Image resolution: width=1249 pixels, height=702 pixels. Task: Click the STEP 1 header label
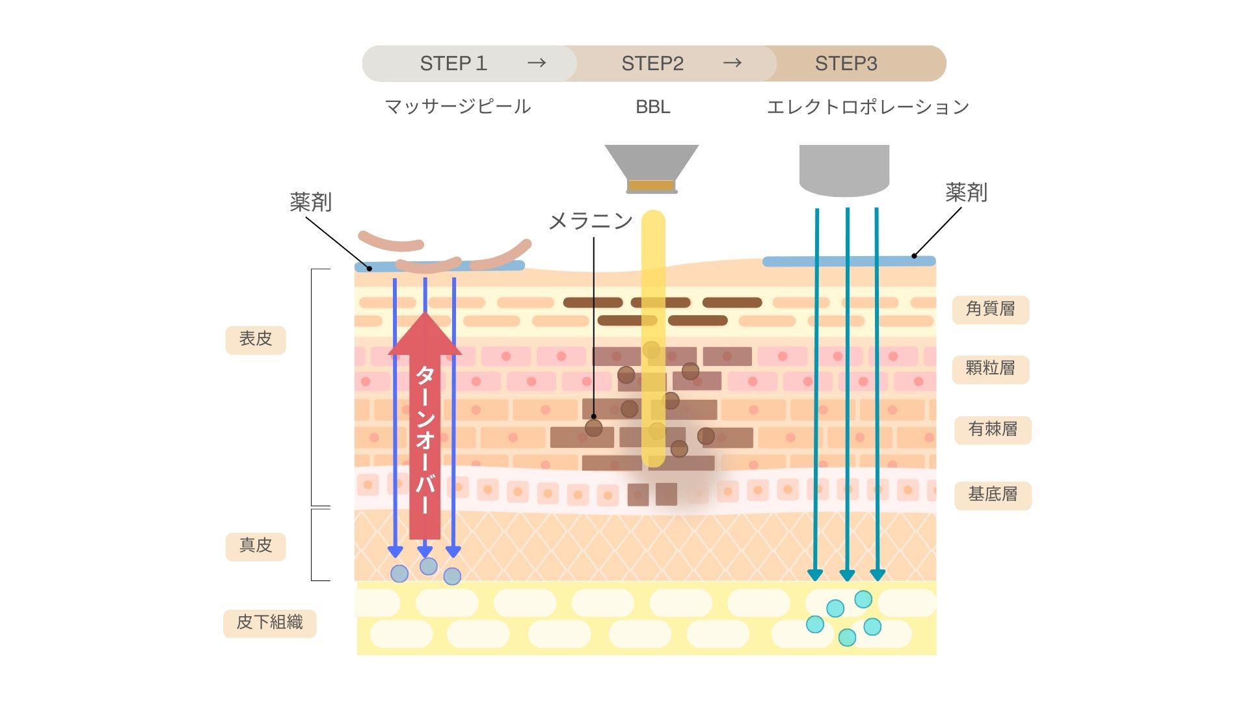pos(453,64)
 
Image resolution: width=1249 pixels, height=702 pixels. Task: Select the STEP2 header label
pos(652,64)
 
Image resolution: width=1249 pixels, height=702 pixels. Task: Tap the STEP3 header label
pos(846,64)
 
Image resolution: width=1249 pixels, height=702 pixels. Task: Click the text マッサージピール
pos(458,107)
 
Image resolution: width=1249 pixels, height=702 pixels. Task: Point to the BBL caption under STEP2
pos(652,107)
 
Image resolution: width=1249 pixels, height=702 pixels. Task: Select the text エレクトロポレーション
pos(868,107)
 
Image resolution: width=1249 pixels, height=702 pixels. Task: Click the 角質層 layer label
pos(990,309)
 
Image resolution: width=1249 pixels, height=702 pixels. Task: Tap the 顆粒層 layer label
pos(990,369)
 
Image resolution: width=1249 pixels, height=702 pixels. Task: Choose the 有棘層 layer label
pos(993,430)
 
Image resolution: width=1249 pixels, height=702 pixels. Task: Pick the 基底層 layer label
pos(993,495)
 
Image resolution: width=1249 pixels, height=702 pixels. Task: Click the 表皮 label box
pos(256,339)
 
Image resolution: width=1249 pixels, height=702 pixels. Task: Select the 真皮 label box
pos(256,546)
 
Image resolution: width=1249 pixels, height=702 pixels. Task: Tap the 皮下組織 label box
pos(269,623)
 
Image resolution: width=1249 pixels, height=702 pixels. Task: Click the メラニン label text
pos(591,222)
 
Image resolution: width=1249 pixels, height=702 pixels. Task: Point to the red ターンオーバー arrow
pos(425,429)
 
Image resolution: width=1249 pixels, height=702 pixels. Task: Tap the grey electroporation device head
pos(844,169)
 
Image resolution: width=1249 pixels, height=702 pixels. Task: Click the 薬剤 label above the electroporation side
pos(966,193)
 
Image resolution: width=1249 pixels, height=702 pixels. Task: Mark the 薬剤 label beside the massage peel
pos(311,203)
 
